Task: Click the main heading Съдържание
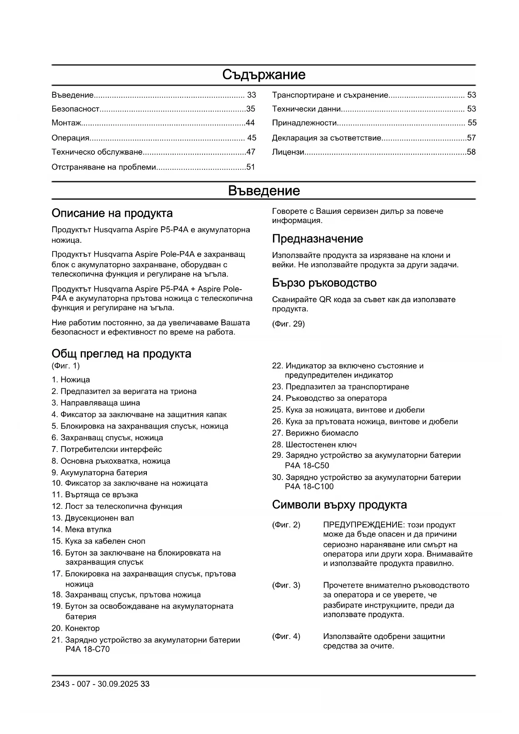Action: (263, 75)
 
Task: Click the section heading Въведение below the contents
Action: (263, 191)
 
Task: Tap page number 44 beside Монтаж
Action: (250, 123)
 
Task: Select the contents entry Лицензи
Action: (288, 152)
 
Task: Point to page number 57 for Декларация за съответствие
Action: (471, 138)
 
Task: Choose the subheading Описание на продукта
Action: (112, 213)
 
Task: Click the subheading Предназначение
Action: (317, 239)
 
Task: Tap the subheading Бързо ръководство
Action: (324, 283)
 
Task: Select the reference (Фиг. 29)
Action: (288, 324)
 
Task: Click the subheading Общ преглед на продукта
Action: (121, 354)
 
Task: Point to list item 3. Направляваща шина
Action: (96, 403)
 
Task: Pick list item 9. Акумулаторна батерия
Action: (100, 473)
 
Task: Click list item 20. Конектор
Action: (76, 629)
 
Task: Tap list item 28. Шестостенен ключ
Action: (314, 445)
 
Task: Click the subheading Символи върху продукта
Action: (339, 505)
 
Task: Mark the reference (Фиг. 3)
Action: (286, 585)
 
